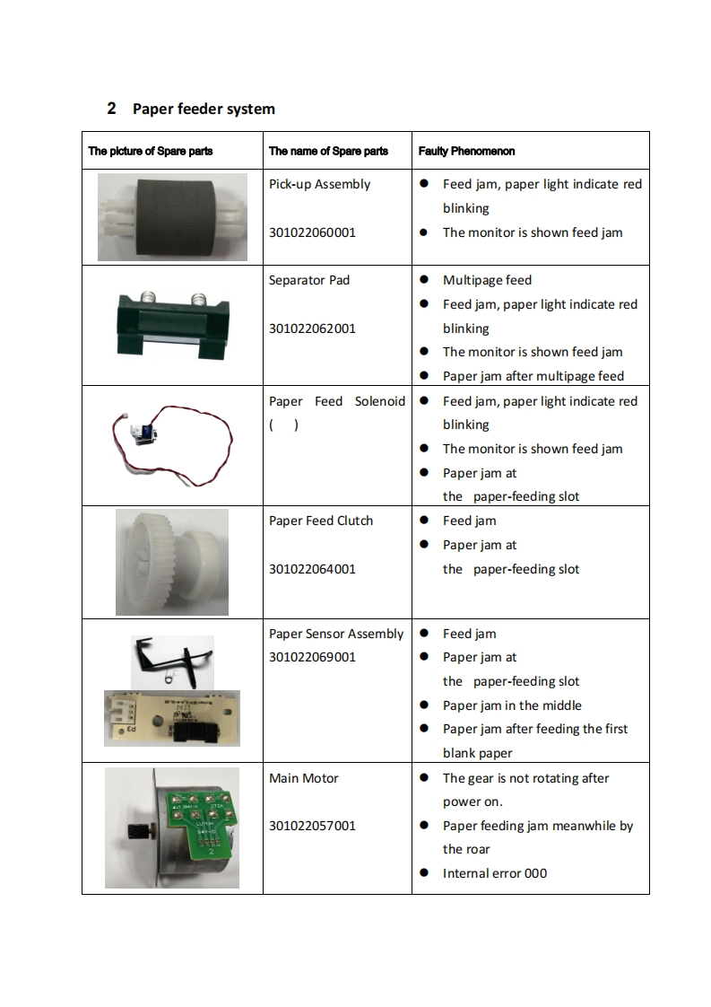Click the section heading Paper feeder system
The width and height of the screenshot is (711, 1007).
pyautogui.click(x=204, y=109)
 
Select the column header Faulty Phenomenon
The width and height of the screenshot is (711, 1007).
pyautogui.click(x=466, y=151)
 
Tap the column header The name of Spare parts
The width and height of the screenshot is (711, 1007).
pyautogui.click(x=328, y=151)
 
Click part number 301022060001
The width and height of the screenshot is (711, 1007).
pyautogui.click(x=312, y=232)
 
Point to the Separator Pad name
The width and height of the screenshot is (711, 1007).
pyautogui.click(x=309, y=280)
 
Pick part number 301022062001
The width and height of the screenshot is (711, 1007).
pyautogui.click(x=312, y=328)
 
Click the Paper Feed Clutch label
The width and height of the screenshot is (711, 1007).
pyautogui.click(x=321, y=521)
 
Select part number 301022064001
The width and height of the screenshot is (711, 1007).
pyautogui.click(x=312, y=569)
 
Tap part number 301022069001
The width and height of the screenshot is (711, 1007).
pyautogui.click(x=312, y=657)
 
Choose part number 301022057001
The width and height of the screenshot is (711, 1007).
pyautogui.click(x=312, y=826)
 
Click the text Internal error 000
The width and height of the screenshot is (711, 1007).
pyautogui.click(x=494, y=873)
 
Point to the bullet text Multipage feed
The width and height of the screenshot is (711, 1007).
pyautogui.click(x=487, y=280)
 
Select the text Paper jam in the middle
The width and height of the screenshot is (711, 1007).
pyautogui.click(x=512, y=705)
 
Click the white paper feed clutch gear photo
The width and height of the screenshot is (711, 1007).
pyautogui.click(x=170, y=561)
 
